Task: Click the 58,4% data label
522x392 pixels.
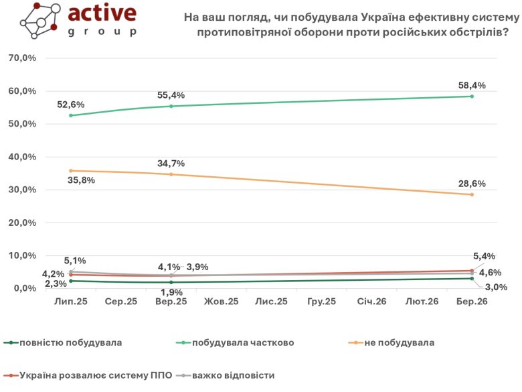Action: tap(471, 85)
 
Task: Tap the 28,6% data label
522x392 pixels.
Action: tap(471, 183)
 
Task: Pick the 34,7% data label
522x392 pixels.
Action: tap(171, 163)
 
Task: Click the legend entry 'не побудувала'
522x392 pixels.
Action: tap(399, 342)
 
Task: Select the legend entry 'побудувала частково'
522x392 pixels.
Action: tap(243, 342)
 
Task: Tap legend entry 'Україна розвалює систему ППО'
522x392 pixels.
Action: tap(96, 375)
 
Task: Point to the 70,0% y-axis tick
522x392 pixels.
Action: tap(23, 58)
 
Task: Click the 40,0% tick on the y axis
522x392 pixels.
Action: tap(23, 157)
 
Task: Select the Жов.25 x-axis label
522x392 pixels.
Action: tap(221, 303)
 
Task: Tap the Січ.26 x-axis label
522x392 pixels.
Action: tap(371, 303)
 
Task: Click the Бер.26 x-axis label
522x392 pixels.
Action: tap(471, 303)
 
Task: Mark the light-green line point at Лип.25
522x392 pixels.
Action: tap(71, 115)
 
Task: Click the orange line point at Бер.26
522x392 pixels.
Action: tap(472, 194)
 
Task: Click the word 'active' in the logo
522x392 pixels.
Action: tap(102, 14)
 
